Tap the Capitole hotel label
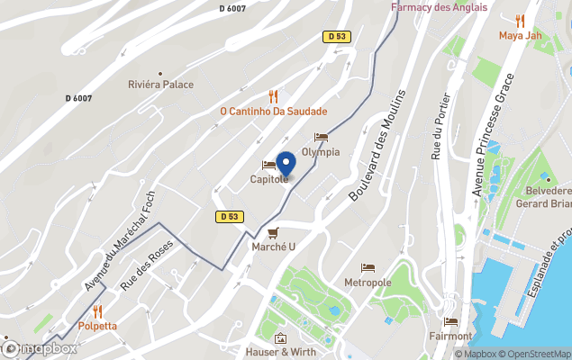click(x=269, y=179)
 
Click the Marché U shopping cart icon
click(x=261, y=233)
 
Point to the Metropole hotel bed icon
click(x=368, y=268)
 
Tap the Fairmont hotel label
click(x=451, y=336)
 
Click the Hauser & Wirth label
click(x=281, y=352)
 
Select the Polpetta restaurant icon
click(x=97, y=311)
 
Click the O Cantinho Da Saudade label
click(x=273, y=112)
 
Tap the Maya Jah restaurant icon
click(x=520, y=21)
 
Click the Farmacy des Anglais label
click(x=439, y=7)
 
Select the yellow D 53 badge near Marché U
click(x=228, y=216)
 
